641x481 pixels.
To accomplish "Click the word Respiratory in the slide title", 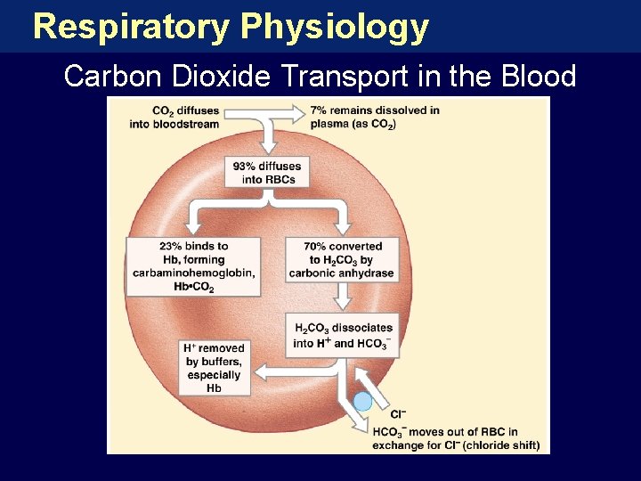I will [130, 27].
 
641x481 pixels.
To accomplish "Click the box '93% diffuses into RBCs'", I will [266, 173].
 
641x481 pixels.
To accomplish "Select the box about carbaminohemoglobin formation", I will [193, 266].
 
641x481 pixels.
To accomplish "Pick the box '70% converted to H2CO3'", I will [341, 260].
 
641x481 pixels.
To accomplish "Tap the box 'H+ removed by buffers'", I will [214, 368].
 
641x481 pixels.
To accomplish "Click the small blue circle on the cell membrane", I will [362, 403].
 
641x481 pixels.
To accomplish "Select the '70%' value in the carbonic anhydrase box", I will [314, 247].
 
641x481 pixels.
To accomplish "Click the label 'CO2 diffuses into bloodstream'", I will [185, 118].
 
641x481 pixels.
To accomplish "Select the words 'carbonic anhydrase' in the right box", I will [341, 273].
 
